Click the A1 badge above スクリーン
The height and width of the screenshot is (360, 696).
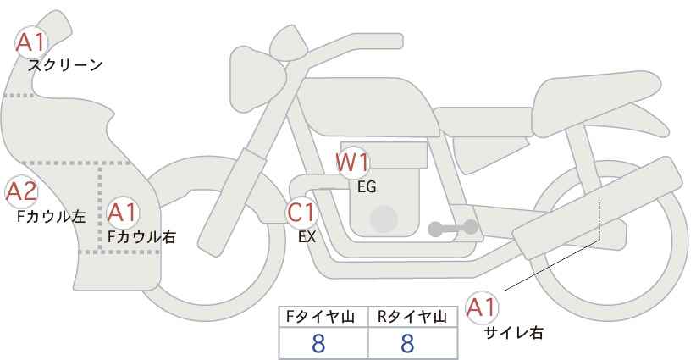pos(31,42)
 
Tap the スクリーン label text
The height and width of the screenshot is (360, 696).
pos(65,66)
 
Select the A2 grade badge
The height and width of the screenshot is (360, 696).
pos(21,192)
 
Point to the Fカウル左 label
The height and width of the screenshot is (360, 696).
pos(51,217)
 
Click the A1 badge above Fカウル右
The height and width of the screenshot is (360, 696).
pos(123,213)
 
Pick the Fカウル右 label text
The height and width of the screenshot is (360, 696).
pos(142,237)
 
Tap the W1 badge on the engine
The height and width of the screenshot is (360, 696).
pos(352,163)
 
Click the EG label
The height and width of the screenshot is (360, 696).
pos(367,187)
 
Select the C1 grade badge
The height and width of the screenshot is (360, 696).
pos(301,213)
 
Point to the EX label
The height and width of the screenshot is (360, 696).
pos(307,237)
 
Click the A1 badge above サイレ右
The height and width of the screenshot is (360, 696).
pos(482,307)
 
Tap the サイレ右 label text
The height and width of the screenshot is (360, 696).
pos(514,333)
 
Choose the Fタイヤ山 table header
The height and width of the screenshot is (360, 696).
pos(320,317)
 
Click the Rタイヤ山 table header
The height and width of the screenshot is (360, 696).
pos(412,317)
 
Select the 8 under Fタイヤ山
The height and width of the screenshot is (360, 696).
pos(318,344)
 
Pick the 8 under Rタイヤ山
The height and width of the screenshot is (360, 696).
pos(407,344)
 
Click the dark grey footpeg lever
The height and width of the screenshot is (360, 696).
pos(453,228)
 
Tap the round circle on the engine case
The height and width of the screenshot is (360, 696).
pos(384,219)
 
